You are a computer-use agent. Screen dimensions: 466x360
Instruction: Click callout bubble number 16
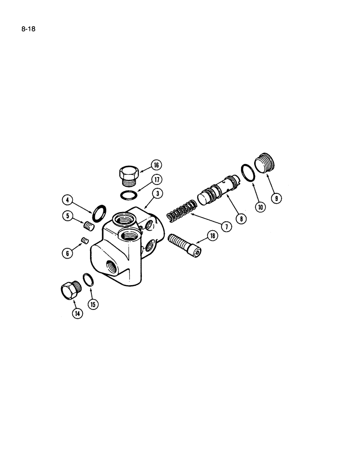click(155, 164)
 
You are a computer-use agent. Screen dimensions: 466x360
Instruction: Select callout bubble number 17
click(155, 180)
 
